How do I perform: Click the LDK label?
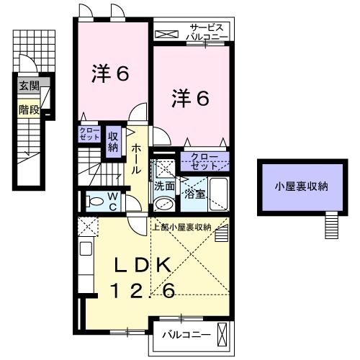click(144, 265)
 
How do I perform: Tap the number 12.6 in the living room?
click(144, 290)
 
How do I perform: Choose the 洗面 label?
click(164, 185)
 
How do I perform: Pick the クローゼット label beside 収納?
click(91, 133)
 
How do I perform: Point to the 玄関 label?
click(30, 86)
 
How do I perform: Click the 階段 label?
click(30, 110)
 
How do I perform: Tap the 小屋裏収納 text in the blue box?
click(300, 186)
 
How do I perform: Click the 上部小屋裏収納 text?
click(181, 227)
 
